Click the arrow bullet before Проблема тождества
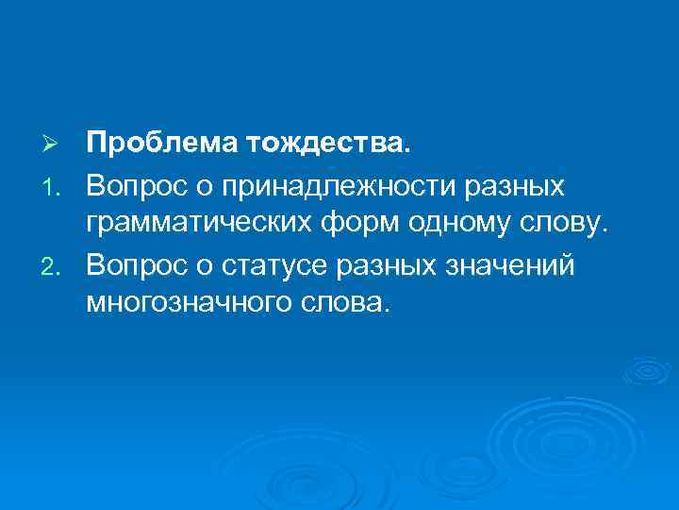click(x=53, y=144)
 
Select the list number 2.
click(x=53, y=265)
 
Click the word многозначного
click(x=184, y=305)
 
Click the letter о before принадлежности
click(x=216, y=186)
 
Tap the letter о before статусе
click(x=216, y=265)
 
